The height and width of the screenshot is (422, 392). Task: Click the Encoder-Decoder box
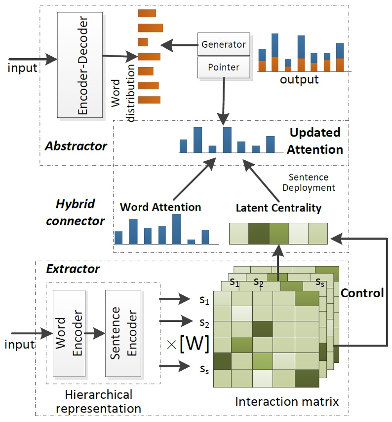(80, 66)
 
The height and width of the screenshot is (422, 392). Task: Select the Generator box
(224, 44)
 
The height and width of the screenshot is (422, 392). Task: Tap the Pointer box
(224, 67)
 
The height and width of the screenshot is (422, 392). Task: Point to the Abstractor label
(76, 146)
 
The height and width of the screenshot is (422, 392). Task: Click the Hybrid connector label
(76, 213)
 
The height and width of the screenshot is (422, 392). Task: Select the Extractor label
(73, 269)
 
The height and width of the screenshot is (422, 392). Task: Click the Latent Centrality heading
(278, 208)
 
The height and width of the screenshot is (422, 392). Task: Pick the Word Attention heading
(160, 207)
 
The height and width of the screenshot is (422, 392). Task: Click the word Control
(362, 293)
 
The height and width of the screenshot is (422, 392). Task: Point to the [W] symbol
(195, 343)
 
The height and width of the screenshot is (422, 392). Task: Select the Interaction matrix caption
(287, 402)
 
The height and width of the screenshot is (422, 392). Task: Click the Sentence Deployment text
(312, 182)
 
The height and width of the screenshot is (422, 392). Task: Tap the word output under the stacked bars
(299, 79)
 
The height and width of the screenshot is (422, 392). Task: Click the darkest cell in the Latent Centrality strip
(258, 233)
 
